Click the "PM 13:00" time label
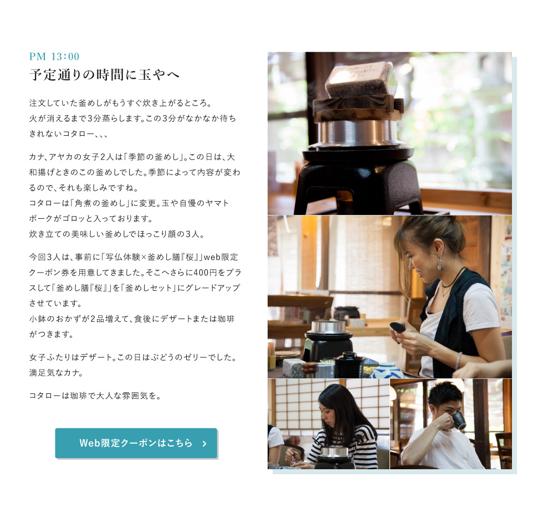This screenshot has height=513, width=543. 54,57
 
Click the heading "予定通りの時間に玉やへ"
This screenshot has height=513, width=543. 104,74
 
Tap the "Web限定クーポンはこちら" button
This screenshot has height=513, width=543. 136,443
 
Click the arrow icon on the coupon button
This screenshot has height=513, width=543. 204,443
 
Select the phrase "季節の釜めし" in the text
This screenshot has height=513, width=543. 155,157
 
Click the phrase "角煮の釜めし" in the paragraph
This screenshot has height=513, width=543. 101,203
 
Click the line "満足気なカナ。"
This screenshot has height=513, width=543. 57,373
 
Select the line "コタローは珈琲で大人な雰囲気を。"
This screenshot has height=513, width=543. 95,396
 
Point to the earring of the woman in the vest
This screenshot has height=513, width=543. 440,262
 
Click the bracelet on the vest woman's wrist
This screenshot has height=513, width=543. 459,360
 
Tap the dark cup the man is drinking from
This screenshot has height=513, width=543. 459,420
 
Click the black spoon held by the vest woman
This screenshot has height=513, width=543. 398,327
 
